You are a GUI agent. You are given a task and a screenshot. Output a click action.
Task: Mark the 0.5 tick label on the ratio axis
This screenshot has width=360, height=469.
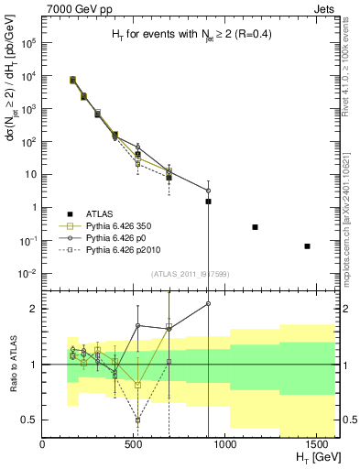coord(29,420)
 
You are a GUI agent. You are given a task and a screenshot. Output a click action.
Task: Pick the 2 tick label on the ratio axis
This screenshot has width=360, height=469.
coord(34,309)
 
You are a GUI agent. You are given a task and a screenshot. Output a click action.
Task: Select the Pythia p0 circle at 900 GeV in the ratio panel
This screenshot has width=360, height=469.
coord(208,303)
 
